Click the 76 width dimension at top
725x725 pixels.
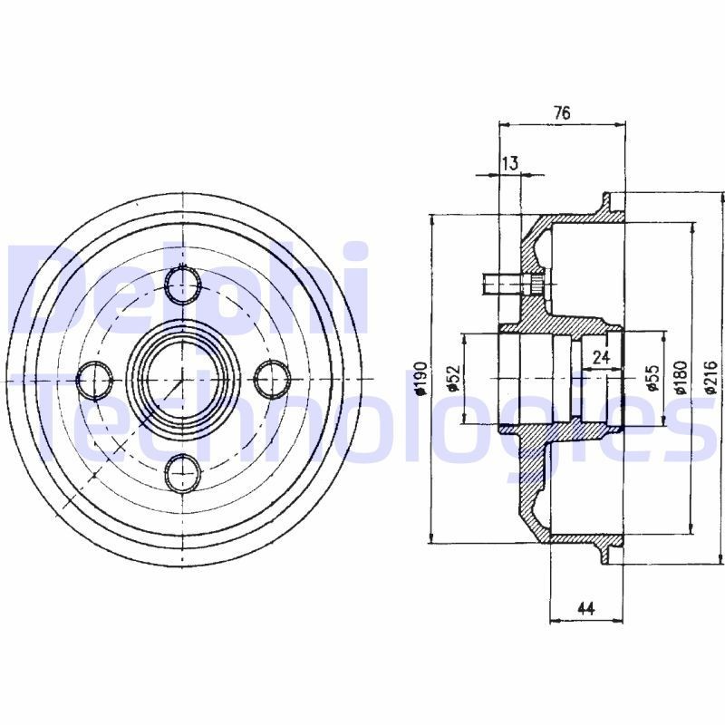(562, 112)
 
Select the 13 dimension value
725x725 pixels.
(509, 163)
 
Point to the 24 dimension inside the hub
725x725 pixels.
(600, 357)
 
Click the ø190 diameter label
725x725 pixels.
(420, 379)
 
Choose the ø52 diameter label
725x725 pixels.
(453, 379)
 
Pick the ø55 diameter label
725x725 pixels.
(652, 379)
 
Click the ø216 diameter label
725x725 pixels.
(711, 379)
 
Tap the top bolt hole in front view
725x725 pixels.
(184, 285)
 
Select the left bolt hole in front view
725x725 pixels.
(94, 379)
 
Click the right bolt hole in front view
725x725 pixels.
(271, 379)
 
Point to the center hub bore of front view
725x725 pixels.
(183, 378)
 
